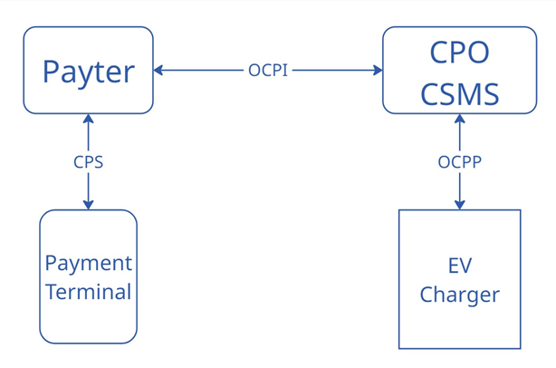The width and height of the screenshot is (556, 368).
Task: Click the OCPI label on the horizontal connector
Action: point(268,70)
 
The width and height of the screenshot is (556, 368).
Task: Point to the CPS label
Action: point(88,162)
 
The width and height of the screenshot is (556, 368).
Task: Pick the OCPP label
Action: point(459,162)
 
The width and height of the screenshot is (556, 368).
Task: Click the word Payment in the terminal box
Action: point(88,264)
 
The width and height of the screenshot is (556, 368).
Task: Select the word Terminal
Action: point(88,292)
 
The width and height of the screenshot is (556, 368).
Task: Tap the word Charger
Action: point(459,295)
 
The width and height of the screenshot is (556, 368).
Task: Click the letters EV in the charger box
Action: point(459,266)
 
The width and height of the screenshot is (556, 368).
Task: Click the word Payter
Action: point(88,71)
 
